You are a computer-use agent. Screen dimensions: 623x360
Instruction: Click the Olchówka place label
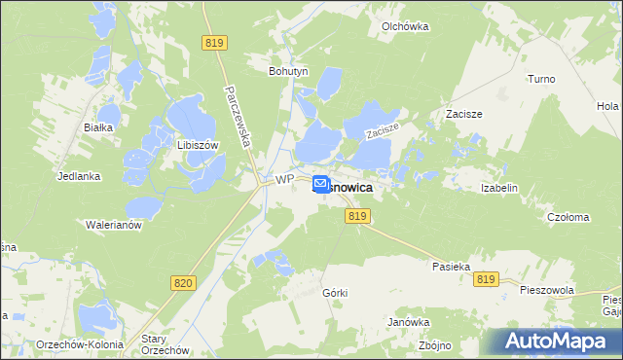tap(406, 27)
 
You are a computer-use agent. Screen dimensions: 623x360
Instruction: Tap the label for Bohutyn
tap(288, 71)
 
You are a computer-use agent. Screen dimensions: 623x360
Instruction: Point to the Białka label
tap(99, 127)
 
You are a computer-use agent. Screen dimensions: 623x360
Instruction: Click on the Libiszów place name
tap(196, 144)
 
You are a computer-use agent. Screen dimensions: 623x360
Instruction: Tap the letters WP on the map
tap(284, 180)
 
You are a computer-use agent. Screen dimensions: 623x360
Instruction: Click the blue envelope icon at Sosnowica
tap(320, 182)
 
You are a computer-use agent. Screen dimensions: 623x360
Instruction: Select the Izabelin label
tap(498, 188)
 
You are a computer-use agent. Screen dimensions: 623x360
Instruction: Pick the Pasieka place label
tap(452, 265)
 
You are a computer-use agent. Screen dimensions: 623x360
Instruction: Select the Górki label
tap(335, 293)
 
